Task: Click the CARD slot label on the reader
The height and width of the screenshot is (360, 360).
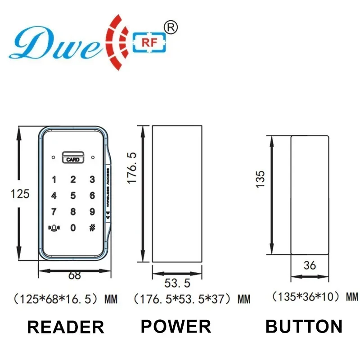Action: [72, 159]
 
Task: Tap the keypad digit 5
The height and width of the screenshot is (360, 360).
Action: [73, 195]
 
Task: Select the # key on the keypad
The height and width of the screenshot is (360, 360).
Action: [92, 227]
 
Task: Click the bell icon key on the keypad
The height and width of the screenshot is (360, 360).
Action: [54, 227]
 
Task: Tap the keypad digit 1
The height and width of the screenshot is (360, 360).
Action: [54, 180]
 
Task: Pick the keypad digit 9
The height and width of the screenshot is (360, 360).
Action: [92, 211]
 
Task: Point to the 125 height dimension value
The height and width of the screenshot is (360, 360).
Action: [20, 194]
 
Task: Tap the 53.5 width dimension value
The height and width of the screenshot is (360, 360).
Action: [177, 283]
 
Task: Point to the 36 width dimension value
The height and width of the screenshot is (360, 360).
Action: [310, 265]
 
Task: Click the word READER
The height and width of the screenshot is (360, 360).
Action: [66, 327]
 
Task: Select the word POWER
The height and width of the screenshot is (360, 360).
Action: [175, 326]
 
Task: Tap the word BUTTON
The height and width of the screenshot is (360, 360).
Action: [304, 326]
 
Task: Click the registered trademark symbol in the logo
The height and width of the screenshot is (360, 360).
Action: [171, 27]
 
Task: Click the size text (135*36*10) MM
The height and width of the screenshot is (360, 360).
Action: [315, 297]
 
